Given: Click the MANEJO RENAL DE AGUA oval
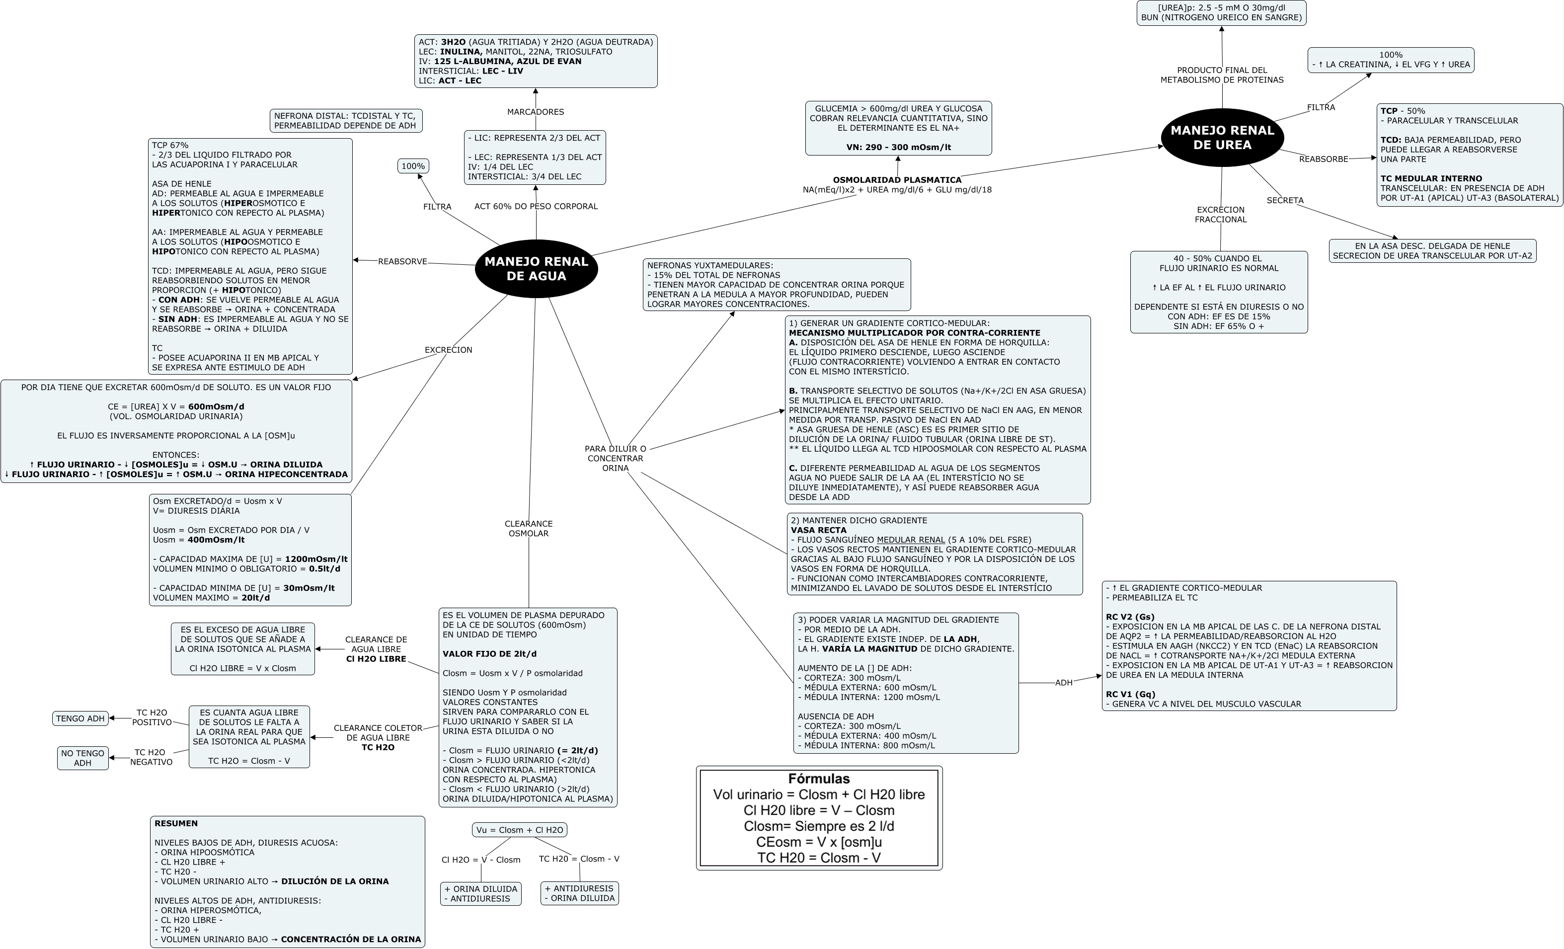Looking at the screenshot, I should pos(537,268).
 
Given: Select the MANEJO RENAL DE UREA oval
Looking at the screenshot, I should pos(1222,138).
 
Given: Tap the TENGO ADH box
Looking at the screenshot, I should pos(80,718).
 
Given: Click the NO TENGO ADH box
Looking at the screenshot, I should pos(82,758).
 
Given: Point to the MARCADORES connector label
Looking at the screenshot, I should pos(535,112).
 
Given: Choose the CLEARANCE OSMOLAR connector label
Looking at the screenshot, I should pos(529,528).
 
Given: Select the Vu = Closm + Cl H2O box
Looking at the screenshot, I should pos(519,830).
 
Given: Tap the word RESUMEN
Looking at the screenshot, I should pos(176,823).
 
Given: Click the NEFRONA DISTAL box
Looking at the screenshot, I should pos(346,121).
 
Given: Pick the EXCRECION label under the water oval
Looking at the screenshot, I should pos(448,350).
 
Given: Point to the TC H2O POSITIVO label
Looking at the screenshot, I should pos(152,717).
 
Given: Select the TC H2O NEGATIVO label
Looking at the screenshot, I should pos(151,757).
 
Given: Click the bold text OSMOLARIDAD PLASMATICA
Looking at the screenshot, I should pos(897,180).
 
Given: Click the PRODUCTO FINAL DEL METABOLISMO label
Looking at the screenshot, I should pos(1222,75).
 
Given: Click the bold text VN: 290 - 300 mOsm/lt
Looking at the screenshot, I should pos(898,147).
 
